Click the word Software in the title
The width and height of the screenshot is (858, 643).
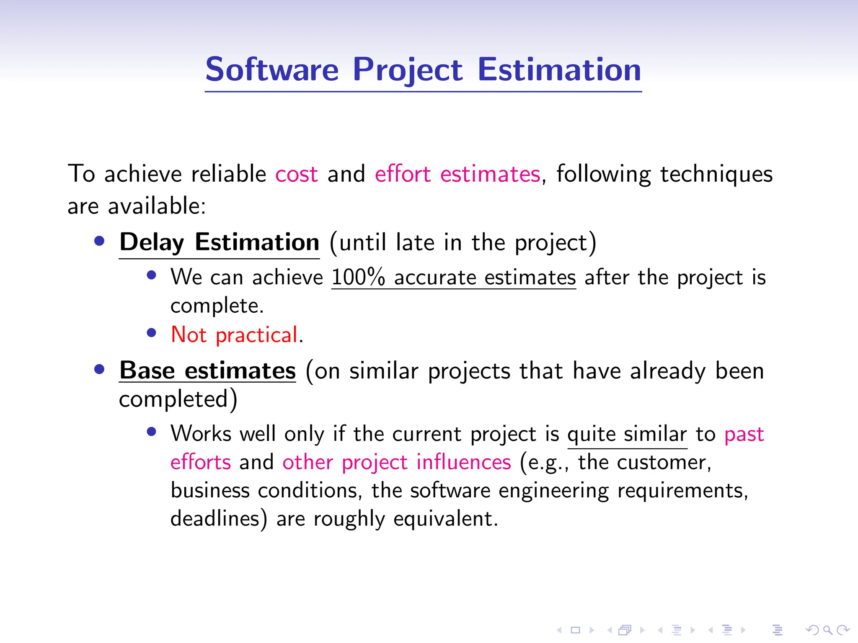[272, 69]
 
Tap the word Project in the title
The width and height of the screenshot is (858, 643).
[407, 69]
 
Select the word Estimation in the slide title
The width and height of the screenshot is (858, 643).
[559, 69]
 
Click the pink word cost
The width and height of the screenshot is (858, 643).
[296, 174]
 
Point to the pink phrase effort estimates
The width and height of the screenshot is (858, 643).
[457, 174]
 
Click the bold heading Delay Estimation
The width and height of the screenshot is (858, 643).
[219, 242]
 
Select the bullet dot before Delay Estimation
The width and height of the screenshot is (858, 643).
[99, 241]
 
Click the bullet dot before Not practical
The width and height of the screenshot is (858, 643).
[152, 333]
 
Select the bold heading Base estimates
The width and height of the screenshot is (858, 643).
[207, 371]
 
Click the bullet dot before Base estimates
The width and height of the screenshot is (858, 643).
[99, 369]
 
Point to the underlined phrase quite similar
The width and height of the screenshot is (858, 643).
[627, 434]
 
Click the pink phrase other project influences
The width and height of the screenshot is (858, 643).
[396, 463]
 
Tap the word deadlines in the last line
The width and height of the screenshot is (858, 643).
[215, 519]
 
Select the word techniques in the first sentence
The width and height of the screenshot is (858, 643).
[716, 174]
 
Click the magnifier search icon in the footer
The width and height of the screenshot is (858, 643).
[827, 630]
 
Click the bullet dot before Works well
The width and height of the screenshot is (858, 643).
[152, 432]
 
